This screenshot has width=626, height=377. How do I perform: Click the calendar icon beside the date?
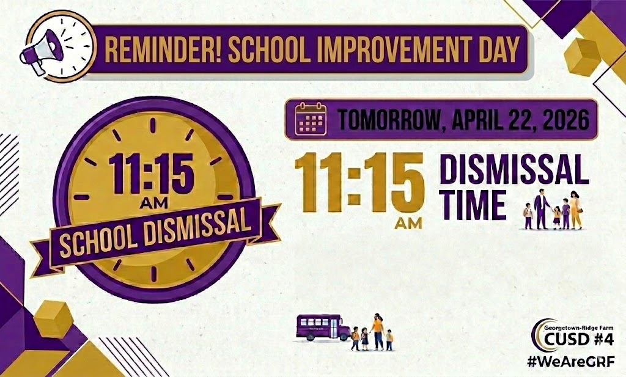coord(310,119)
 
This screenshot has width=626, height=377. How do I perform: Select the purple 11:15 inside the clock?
coord(152,174)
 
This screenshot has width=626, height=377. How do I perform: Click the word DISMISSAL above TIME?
coord(514,169)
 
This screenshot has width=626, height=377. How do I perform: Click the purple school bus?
coord(323,327)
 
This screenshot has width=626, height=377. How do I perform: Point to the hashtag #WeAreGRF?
coord(570,362)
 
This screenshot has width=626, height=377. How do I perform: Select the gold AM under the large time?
coord(408,223)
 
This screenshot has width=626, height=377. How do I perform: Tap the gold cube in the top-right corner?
coord(582,57)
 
